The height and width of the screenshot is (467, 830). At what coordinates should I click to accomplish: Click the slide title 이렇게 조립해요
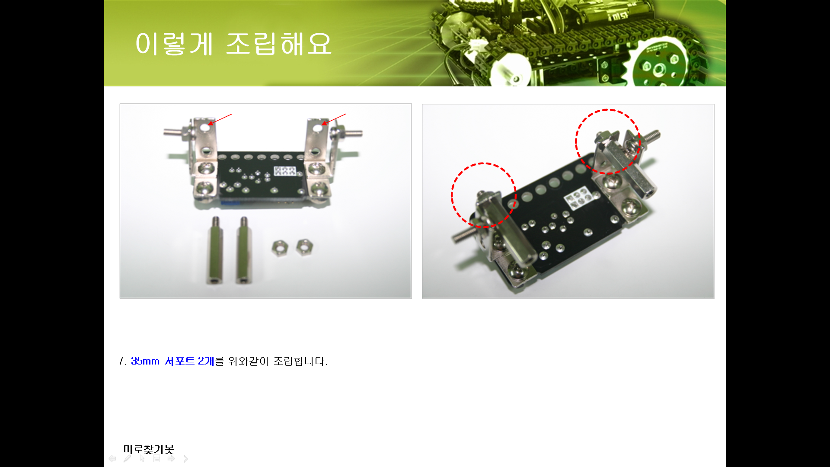click(x=233, y=44)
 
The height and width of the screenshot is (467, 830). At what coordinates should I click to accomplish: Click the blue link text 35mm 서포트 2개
click(x=172, y=361)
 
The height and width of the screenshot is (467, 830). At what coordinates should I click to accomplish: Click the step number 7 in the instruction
click(x=121, y=361)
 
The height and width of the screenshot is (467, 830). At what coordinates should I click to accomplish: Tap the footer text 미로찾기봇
click(x=148, y=449)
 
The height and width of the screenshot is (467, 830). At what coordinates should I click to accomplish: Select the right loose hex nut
click(x=305, y=247)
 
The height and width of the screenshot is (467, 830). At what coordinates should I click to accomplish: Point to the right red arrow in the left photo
click(x=333, y=119)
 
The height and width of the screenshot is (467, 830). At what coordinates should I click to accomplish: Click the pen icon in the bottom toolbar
click(x=127, y=458)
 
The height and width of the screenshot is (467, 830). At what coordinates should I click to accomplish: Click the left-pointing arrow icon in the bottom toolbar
click(x=112, y=458)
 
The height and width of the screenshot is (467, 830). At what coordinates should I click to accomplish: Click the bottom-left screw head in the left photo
click(x=204, y=189)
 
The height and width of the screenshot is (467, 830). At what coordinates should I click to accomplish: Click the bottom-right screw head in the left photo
click(x=319, y=189)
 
